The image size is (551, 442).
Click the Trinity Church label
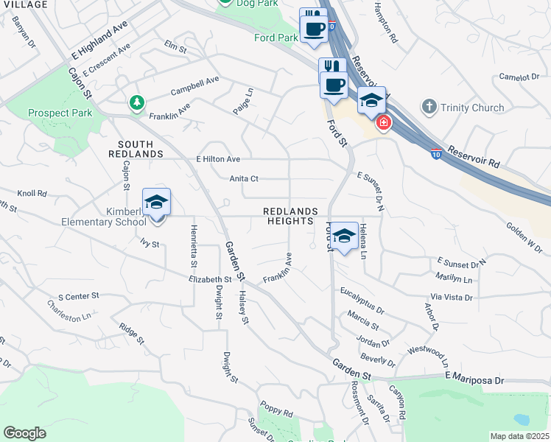pos(472,108)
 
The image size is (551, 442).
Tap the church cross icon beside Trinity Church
pos(429,108)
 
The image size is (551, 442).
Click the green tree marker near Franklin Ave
pos(136,103)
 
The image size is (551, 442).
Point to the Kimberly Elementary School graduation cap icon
pos(156,202)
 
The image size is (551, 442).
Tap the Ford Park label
pos(275,37)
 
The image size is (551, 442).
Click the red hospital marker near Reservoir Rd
pos(382,122)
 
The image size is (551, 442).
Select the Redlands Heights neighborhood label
pos(291,216)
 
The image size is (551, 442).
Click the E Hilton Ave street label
pos(218,158)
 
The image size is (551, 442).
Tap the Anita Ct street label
pos(244,178)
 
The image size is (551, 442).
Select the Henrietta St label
pos(194,247)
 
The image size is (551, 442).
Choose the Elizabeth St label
pos(210,279)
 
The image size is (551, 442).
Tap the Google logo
pos(24,433)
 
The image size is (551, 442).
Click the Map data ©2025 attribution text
pos(519,436)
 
